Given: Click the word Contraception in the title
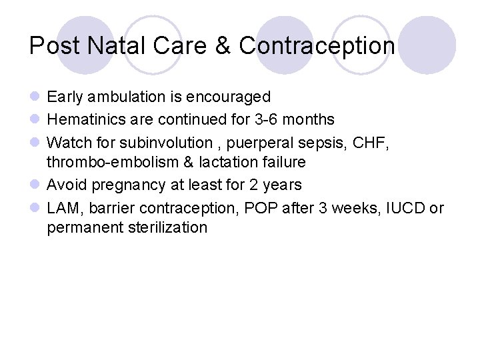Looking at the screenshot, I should [317, 46].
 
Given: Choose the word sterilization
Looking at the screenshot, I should [167, 228].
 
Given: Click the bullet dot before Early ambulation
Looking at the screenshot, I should [35, 97].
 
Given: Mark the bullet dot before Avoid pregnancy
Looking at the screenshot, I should [35, 185].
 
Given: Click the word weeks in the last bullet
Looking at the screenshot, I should [353, 208].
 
